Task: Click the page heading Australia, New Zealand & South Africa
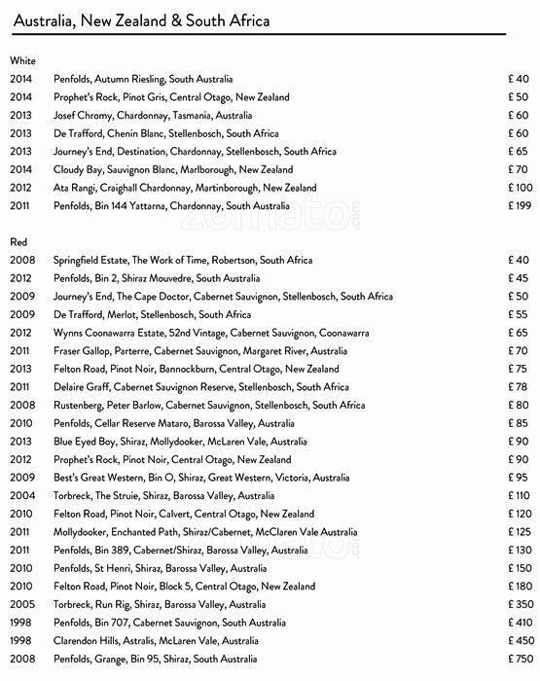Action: point(140,19)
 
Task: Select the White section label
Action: point(22,60)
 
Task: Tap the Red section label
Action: point(18,240)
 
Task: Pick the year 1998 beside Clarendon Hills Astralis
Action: point(21,642)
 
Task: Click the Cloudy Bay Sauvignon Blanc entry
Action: point(181,169)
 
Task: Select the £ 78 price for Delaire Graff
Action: point(520,387)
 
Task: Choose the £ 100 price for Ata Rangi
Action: point(518,188)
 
